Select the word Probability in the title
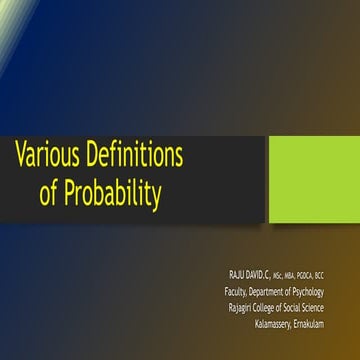coord(112,193)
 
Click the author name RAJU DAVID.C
coord(253,274)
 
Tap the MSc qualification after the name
coord(286,275)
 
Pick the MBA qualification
coord(302,275)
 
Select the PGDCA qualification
coord(322,275)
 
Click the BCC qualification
coord(344,275)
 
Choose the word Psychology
coord(334,291)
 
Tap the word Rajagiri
coord(246,307)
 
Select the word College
coord(281,307)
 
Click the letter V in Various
coord(22,155)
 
